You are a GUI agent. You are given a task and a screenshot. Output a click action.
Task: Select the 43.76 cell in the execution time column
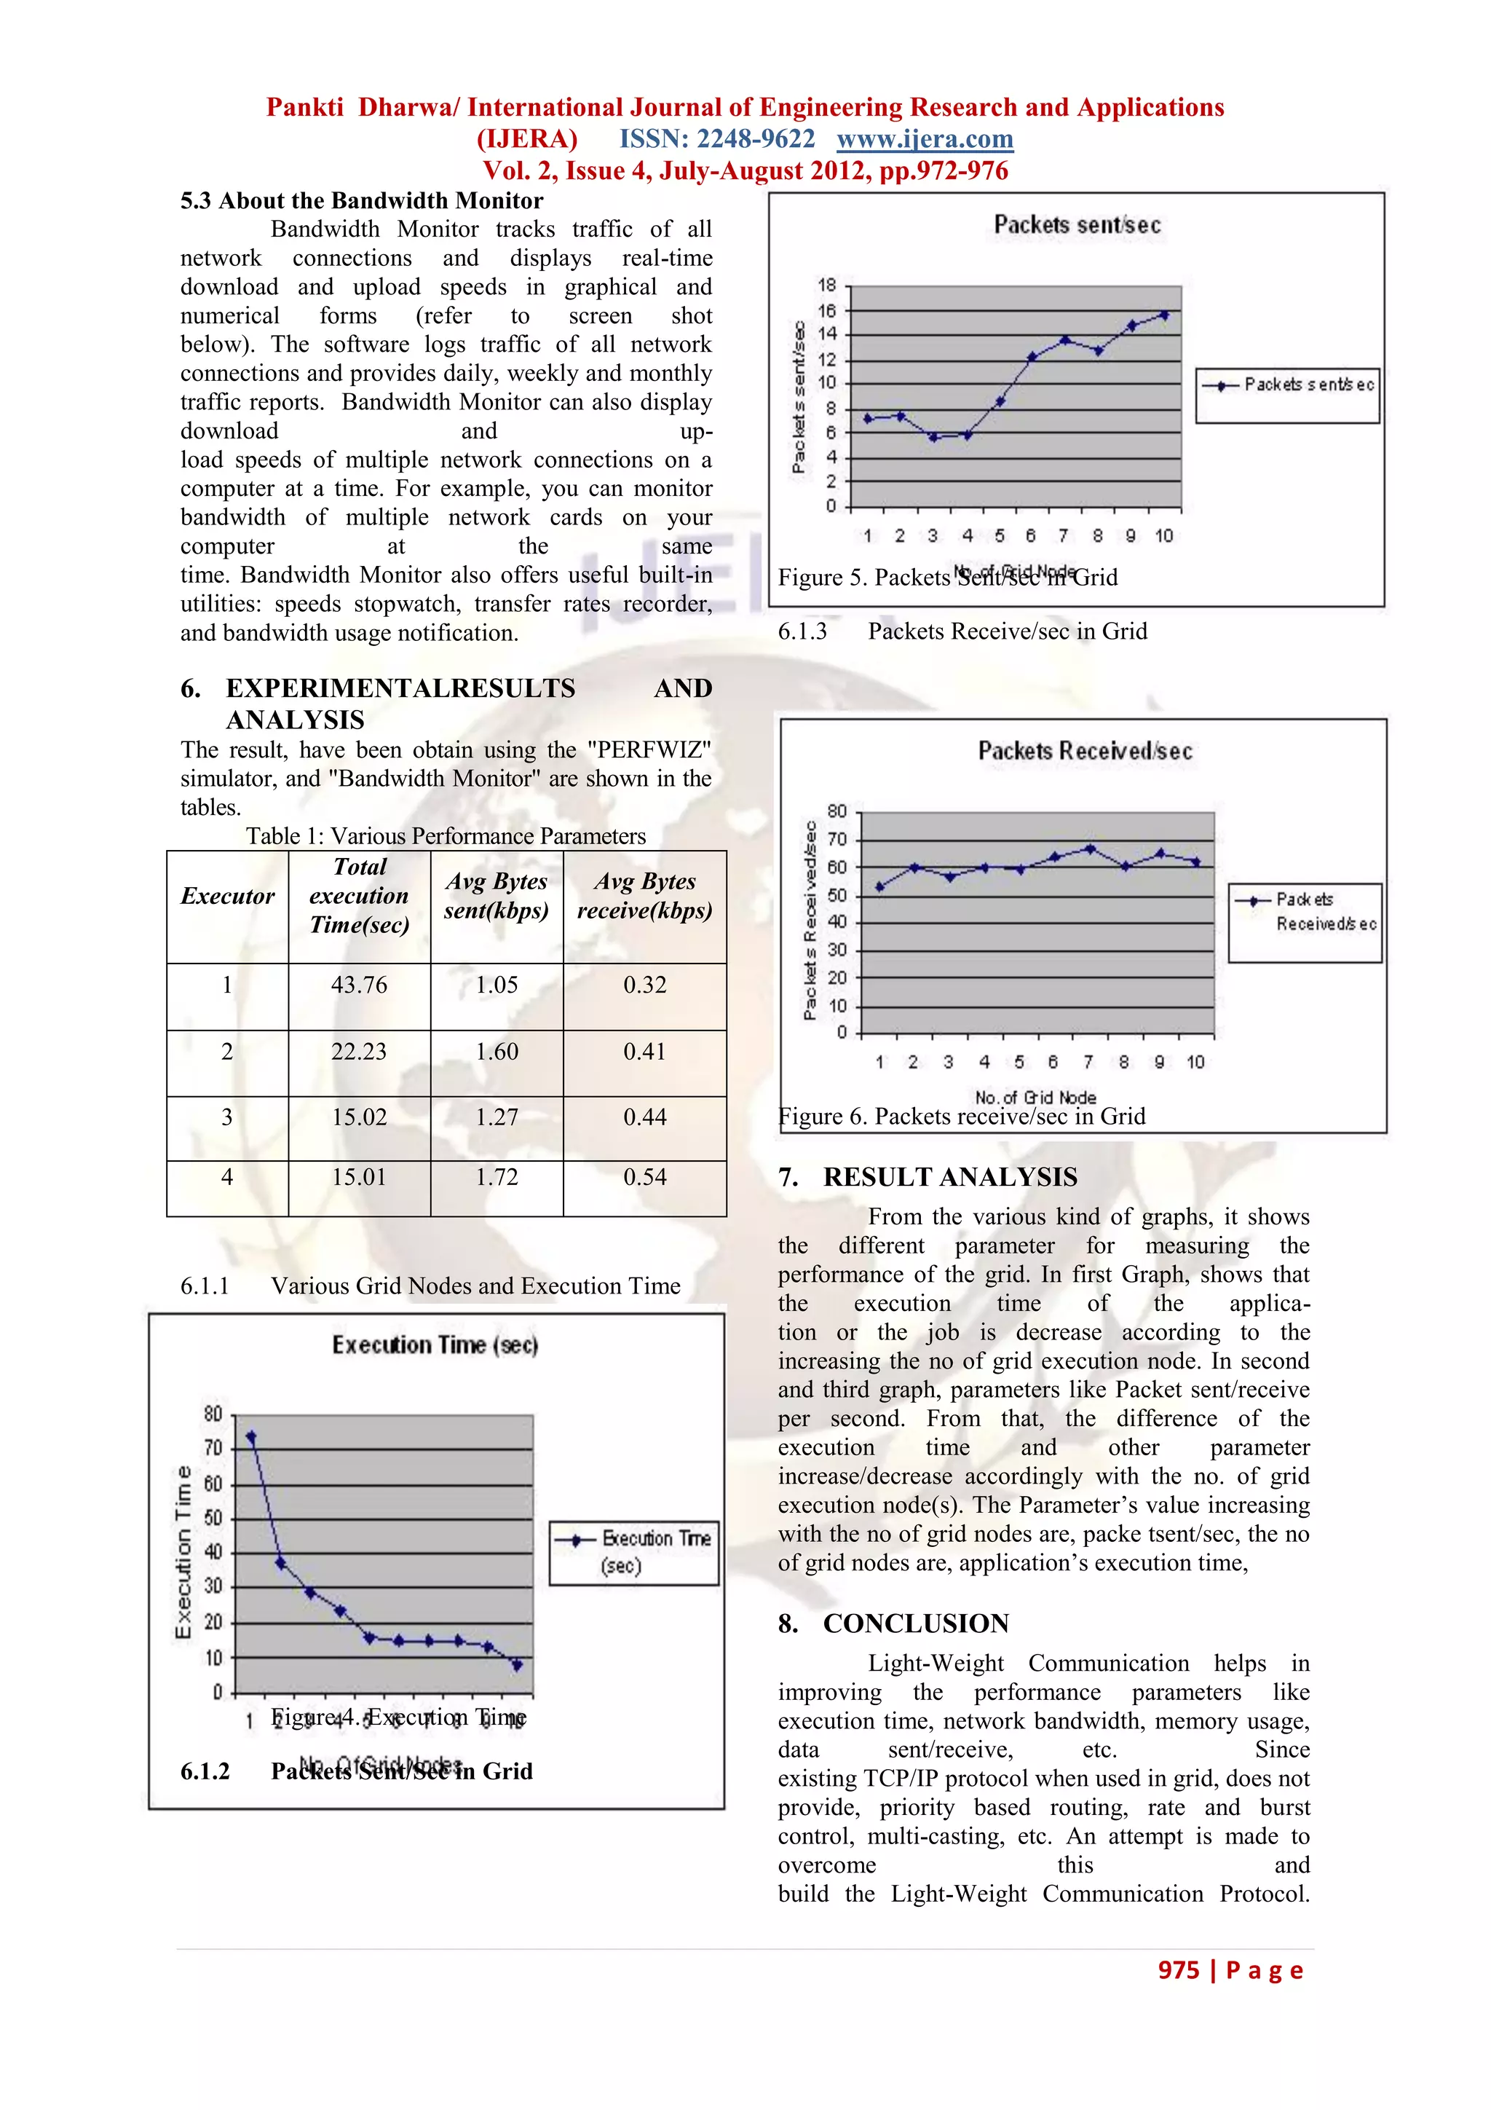[x=358, y=985]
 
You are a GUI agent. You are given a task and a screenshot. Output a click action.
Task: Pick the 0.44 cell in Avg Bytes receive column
[x=644, y=1117]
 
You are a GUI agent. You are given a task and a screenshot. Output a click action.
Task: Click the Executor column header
[x=227, y=896]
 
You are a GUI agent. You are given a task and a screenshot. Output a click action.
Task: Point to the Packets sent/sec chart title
[x=1077, y=225]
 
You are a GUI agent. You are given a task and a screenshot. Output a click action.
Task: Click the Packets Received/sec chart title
[x=1085, y=752]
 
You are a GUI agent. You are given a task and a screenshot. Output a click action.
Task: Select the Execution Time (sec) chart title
[x=435, y=1345]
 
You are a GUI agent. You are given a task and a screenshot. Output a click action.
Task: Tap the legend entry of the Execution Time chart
[x=634, y=1552]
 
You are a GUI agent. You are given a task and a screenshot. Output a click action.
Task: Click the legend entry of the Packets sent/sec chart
[x=1287, y=385]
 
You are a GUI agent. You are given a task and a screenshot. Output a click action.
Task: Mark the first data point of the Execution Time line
[x=250, y=1436]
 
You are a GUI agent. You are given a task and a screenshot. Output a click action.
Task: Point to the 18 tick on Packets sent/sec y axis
[x=827, y=285]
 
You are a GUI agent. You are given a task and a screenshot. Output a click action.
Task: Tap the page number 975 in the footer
[x=1179, y=1969]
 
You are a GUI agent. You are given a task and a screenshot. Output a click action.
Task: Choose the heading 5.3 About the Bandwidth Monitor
[x=361, y=200]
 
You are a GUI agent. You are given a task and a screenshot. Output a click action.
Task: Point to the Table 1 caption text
[x=446, y=836]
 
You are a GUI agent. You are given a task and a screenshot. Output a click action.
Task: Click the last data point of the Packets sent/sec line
[x=1164, y=315]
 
